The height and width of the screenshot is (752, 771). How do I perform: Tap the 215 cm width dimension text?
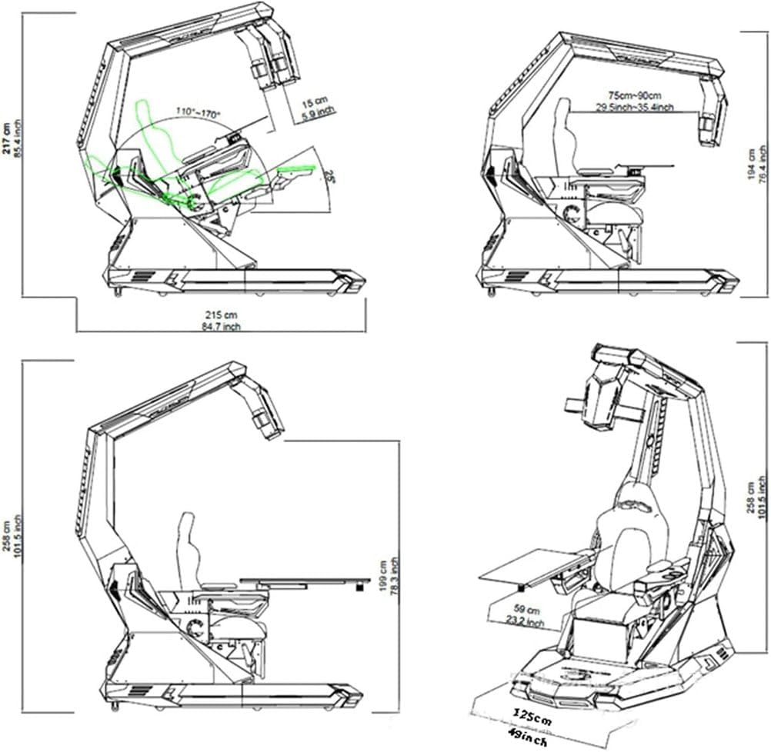pyautogui.click(x=222, y=315)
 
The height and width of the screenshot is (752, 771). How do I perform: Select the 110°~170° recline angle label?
pyautogui.click(x=199, y=113)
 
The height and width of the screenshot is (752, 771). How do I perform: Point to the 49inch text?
pyautogui.click(x=531, y=741)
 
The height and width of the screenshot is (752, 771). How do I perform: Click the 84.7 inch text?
pyautogui.click(x=222, y=327)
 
